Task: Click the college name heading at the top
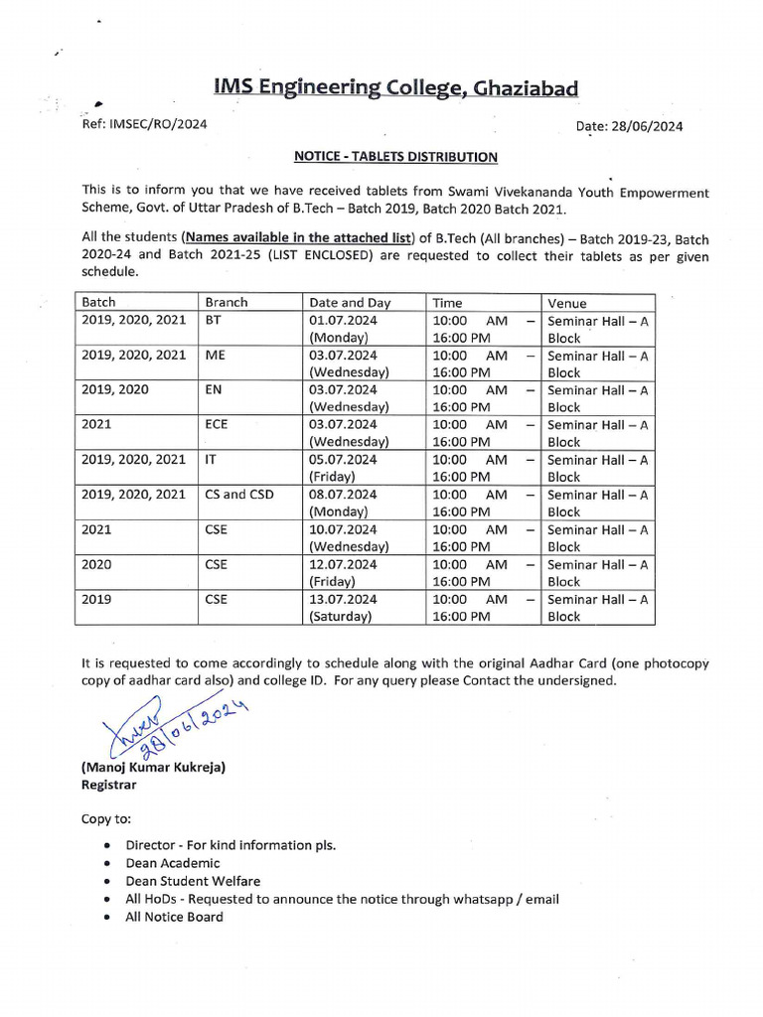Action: pyautogui.click(x=395, y=88)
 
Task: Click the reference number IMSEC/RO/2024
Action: pyautogui.click(x=144, y=124)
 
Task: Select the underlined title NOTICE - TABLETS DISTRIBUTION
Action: pyautogui.click(x=395, y=156)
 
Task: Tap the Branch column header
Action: pyautogui.click(x=226, y=302)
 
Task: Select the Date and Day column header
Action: pyautogui.click(x=350, y=303)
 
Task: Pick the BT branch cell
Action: pyautogui.click(x=214, y=320)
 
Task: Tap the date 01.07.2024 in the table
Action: pyautogui.click(x=343, y=320)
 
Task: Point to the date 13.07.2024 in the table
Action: pyautogui.click(x=343, y=599)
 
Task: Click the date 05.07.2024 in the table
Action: pyautogui.click(x=343, y=459)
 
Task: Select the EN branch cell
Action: pyautogui.click(x=214, y=389)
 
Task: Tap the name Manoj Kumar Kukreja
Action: pyautogui.click(x=154, y=768)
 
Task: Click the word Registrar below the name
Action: pyautogui.click(x=109, y=784)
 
